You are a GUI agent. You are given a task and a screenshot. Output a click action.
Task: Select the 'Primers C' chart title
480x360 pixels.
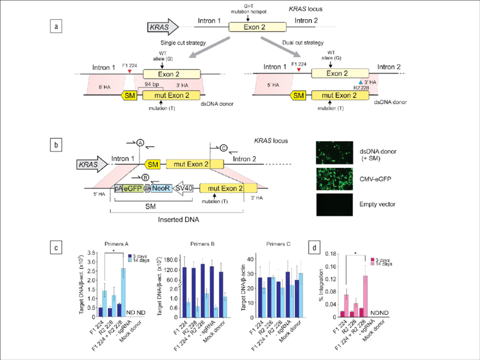click(276, 244)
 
